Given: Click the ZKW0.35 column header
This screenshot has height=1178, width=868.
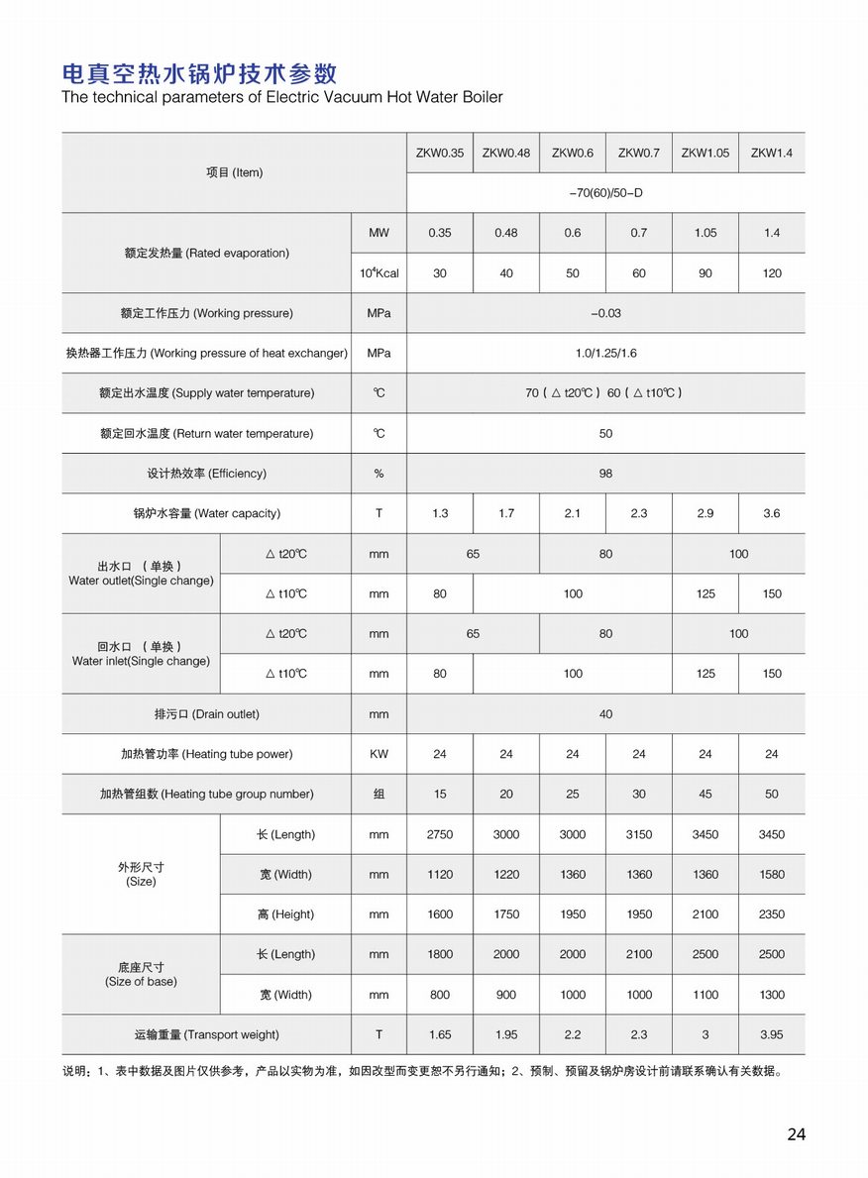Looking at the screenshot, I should (440, 153).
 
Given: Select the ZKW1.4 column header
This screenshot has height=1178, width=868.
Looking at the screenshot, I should (771, 153).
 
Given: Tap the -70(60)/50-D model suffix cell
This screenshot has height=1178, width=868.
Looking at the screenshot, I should (605, 193).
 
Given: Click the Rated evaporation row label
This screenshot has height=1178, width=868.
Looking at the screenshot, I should (206, 253).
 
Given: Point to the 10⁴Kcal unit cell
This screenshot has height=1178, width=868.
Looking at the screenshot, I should (379, 272).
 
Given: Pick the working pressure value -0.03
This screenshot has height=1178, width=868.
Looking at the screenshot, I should (605, 313).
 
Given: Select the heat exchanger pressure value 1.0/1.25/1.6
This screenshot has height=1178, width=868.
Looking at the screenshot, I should (605, 353).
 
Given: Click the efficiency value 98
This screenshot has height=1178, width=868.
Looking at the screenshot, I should (605, 474).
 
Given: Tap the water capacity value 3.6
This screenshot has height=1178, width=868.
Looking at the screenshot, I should (771, 513).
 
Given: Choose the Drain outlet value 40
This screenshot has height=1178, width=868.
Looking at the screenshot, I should (605, 713).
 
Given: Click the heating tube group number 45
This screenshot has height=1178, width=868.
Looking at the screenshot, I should (705, 794).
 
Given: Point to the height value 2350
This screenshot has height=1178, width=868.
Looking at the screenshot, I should (771, 914).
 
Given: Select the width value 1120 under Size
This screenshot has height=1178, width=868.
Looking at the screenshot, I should (440, 874).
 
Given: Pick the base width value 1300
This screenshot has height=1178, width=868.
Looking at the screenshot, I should (771, 995).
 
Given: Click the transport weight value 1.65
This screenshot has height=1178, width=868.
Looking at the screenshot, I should (440, 1034).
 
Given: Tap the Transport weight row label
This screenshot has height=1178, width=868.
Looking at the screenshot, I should (206, 1034).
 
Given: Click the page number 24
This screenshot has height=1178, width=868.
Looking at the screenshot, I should (797, 1134).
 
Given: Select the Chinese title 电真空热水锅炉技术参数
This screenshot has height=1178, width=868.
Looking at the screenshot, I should (199, 73).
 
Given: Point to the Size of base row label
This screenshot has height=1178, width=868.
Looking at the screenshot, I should (141, 974).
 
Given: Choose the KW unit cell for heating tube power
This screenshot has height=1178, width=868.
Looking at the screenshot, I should (379, 754).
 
